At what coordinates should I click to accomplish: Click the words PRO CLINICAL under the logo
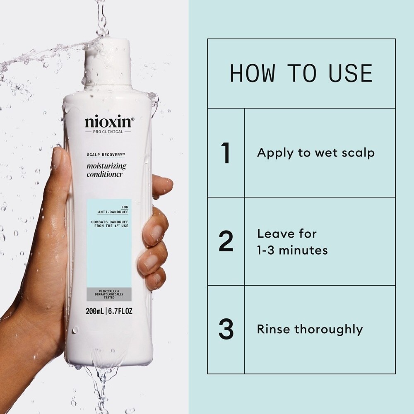tap(108, 132)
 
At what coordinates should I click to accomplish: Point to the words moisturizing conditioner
tap(106, 170)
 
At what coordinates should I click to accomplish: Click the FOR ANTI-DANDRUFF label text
tap(113, 209)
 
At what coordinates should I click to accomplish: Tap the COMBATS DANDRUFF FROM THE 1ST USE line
tap(110, 224)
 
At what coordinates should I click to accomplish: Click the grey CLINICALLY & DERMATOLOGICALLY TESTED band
tap(109, 294)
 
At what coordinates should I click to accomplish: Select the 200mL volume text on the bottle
tap(95, 311)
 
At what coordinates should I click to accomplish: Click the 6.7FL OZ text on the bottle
tap(120, 311)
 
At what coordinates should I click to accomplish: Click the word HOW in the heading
tap(253, 73)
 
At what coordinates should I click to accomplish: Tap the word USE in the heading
tap(351, 73)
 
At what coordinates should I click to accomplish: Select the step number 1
tap(226, 153)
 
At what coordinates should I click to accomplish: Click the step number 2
tap(226, 241)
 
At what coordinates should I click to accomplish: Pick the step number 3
tap(226, 329)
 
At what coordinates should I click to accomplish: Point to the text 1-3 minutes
tap(293, 250)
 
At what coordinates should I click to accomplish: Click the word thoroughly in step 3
tap(328, 330)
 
